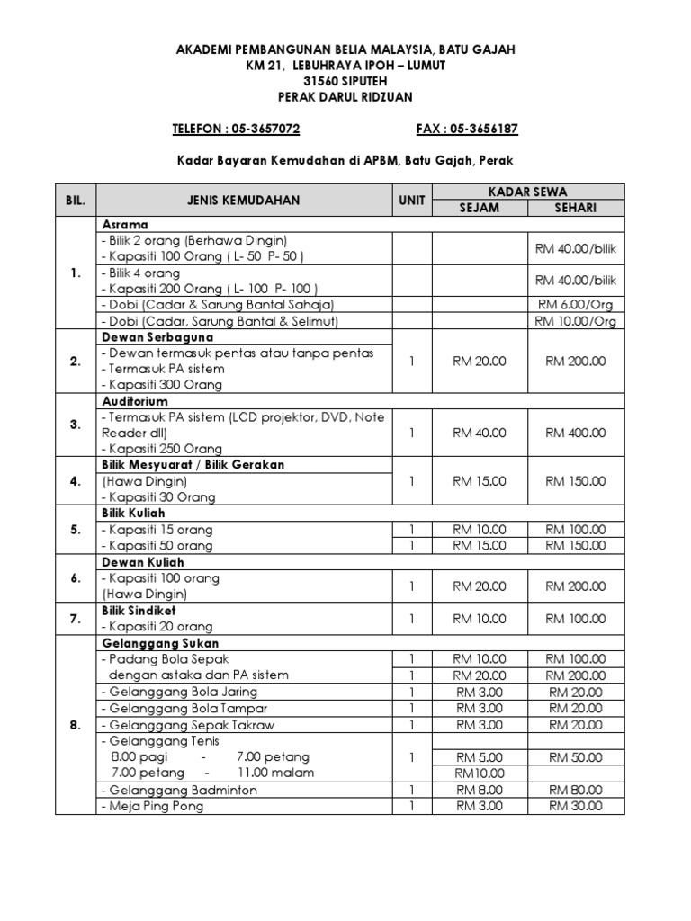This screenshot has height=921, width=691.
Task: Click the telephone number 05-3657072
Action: pos(267,130)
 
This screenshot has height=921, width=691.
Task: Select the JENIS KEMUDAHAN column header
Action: pos(243,201)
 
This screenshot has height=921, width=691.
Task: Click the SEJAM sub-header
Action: pos(480,209)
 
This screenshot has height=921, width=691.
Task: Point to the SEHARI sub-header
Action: pos(576,209)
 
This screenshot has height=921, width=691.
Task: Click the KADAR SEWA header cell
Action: pos(528,192)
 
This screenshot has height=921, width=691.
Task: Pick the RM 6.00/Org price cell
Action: pos(576,305)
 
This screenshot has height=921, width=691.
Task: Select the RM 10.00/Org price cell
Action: pos(576,321)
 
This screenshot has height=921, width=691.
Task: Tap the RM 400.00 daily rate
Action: pos(576,433)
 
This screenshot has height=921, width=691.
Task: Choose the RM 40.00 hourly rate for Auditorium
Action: pos(480,433)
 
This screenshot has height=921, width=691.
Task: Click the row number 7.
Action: pos(76,619)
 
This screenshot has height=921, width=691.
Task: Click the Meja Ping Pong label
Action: pos(155,806)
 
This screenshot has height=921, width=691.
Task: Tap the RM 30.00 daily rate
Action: pos(576,806)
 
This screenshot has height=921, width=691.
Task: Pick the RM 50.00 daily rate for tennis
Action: pos(576,757)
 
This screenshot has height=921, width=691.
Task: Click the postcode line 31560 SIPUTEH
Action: pos(345,81)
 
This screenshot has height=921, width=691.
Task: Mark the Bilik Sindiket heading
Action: pos(139,611)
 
